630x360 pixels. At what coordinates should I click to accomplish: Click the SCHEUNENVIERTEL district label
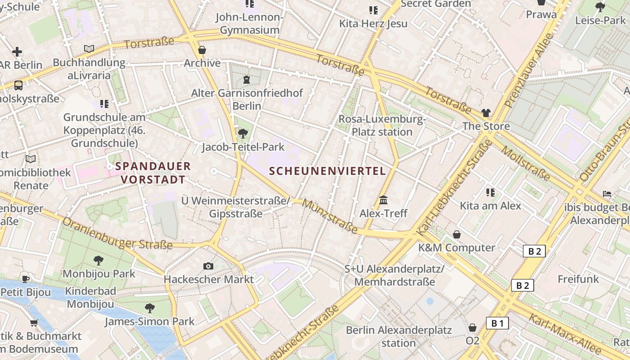(327, 171)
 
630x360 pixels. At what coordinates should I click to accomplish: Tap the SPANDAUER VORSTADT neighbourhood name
(153, 173)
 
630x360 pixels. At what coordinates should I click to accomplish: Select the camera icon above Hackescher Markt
(208, 266)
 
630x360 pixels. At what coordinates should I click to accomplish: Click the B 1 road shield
(497, 323)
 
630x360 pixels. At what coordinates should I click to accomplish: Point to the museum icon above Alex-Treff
(383, 200)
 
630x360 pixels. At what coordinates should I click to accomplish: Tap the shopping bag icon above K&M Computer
(457, 234)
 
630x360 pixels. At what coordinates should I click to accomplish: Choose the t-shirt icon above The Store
(486, 113)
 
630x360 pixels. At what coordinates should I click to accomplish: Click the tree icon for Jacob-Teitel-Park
(243, 133)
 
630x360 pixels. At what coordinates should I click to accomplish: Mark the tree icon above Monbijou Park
(99, 260)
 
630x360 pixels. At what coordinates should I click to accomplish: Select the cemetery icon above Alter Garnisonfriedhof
(247, 80)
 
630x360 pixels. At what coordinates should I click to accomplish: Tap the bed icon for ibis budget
(607, 194)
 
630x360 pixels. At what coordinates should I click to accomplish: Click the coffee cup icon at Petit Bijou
(26, 279)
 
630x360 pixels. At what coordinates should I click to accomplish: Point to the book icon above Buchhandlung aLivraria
(89, 49)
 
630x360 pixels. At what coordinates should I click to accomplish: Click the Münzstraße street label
(330, 217)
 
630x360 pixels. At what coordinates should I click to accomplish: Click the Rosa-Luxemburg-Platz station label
(382, 126)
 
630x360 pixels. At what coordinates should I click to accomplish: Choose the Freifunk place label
(578, 279)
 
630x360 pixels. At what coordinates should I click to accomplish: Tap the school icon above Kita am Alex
(490, 193)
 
